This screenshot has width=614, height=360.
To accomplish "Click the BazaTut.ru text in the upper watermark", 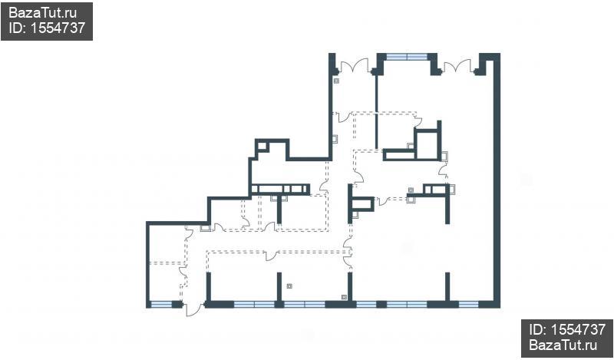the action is (x=42, y=13).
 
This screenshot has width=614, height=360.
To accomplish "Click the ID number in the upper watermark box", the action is (x=47, y=28).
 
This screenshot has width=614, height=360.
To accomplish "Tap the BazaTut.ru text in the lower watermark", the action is (x=563, y=345).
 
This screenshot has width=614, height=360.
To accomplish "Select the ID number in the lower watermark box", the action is (x=567, y=329).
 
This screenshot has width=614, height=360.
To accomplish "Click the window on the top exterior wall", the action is (x=407, y=57).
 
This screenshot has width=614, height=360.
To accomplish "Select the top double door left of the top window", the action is (x=355, y=65).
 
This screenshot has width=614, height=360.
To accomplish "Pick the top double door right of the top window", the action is (x=457, y=65).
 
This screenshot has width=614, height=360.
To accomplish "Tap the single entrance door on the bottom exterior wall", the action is (x=193, y=309).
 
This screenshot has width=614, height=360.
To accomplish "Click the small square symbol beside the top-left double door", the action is (x=336, y=81).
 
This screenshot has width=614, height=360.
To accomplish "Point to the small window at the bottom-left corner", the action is (x=161, y=305).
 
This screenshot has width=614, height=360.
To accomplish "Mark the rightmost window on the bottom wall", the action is (x=468, y=305).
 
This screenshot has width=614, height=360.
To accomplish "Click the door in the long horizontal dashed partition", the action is (x=271, y=256).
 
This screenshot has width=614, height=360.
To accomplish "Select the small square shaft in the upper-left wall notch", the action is (x=262, y=147).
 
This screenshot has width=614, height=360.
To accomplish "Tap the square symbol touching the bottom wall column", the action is (x=344, y=297).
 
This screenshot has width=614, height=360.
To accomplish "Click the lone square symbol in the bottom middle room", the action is (x=289, y=286).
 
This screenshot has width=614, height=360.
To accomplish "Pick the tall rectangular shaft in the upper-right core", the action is (x=427, y=146).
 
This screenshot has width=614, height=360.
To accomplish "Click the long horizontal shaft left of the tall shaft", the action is (x=400, y=156).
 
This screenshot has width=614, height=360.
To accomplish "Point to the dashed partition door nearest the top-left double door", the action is (x=345, y=117).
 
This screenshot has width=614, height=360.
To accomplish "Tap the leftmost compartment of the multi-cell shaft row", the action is (x=255, y=189).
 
